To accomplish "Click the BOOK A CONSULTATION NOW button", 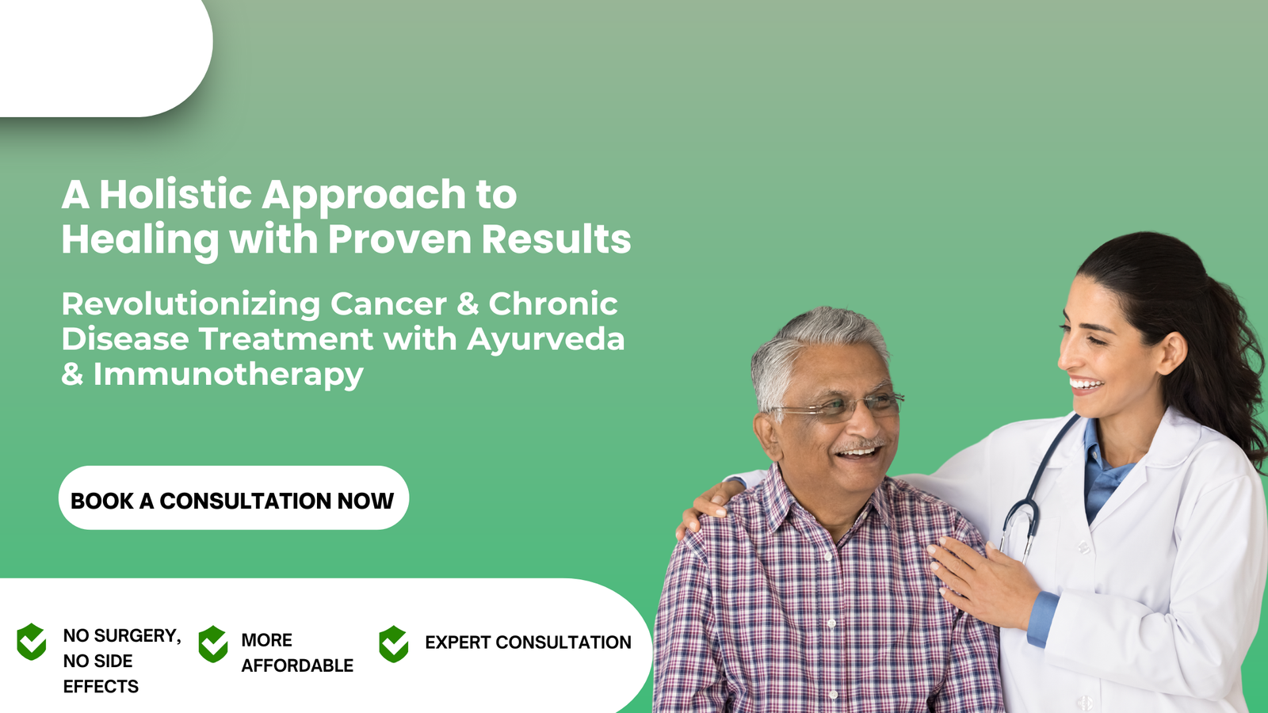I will pos(233,499).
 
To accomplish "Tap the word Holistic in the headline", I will pos(175,195).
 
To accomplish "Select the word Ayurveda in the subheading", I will pos(545,339).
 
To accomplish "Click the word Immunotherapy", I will pos(228,375).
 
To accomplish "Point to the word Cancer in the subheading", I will pos(388,304).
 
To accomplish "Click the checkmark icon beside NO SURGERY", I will pos(32,642).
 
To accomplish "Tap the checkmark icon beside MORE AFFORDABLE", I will pos(213,644).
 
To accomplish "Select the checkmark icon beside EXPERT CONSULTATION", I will pos(393,644).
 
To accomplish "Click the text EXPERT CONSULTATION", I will pos(528,642).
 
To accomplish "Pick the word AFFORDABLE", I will pos(297,665).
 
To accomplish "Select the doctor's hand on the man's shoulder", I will pos(705,507).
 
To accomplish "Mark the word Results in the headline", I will pos(556,239).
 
